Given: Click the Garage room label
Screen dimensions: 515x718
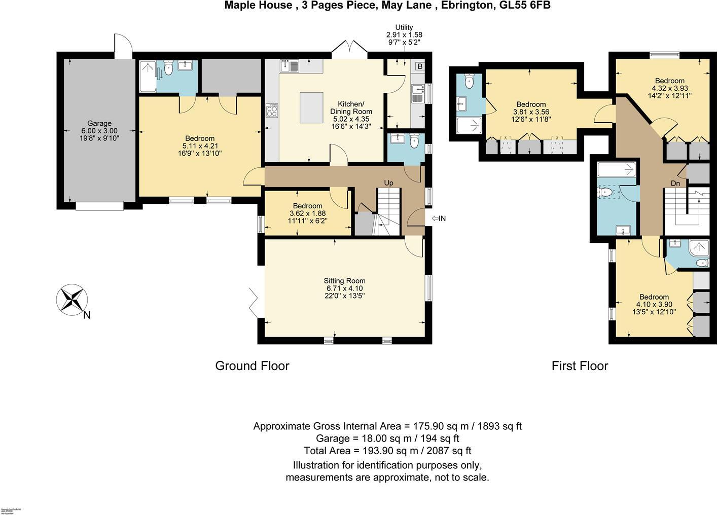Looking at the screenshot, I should pos(99,123).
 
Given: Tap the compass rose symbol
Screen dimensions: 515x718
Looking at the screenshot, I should pos(71,299).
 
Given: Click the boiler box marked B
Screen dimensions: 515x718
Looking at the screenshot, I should pos(420,66).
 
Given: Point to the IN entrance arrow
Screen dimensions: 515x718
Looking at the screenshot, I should pos(439,218).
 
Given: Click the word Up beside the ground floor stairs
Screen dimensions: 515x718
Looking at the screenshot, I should pos(388,182).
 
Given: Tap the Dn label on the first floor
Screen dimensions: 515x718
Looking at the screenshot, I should pos(675,183).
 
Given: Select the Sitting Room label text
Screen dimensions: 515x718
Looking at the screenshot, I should pos(345,281).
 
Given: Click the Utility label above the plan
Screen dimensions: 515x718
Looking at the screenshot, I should pos(404,27).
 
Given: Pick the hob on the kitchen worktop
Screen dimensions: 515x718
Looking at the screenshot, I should pos(272,111).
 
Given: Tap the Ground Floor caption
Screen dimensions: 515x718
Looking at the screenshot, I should pos(252,365).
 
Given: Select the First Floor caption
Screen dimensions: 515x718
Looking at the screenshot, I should pos(580,365).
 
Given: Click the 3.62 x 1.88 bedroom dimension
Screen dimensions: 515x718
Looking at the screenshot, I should pos(307,213).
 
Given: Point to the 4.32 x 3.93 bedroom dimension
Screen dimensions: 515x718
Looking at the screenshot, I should pos(669,88).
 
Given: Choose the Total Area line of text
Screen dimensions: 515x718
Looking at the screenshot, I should pos(387,451).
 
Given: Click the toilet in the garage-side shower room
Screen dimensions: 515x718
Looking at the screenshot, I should pos(169,68).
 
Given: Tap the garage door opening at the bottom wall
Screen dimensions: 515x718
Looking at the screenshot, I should pos(99,206).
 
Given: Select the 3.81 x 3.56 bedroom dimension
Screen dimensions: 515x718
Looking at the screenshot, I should pos(531,112).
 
